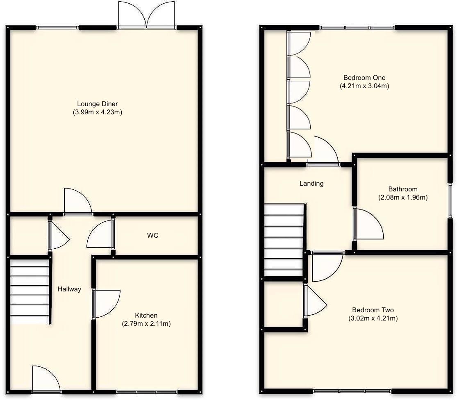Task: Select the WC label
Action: click(152, 236)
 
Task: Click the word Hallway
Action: click(69, 289)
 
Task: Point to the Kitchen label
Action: click(146, 315)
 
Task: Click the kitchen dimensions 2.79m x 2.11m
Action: click(146, 323)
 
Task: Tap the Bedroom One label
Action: click(364, 77)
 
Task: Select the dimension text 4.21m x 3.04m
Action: click(364, 86)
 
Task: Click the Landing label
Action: click(311, 184)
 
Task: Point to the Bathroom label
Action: click(402, 189)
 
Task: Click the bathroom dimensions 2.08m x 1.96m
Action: click(402, 197)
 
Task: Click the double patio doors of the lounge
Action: click(147, 16)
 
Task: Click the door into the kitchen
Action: click(106, 303)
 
